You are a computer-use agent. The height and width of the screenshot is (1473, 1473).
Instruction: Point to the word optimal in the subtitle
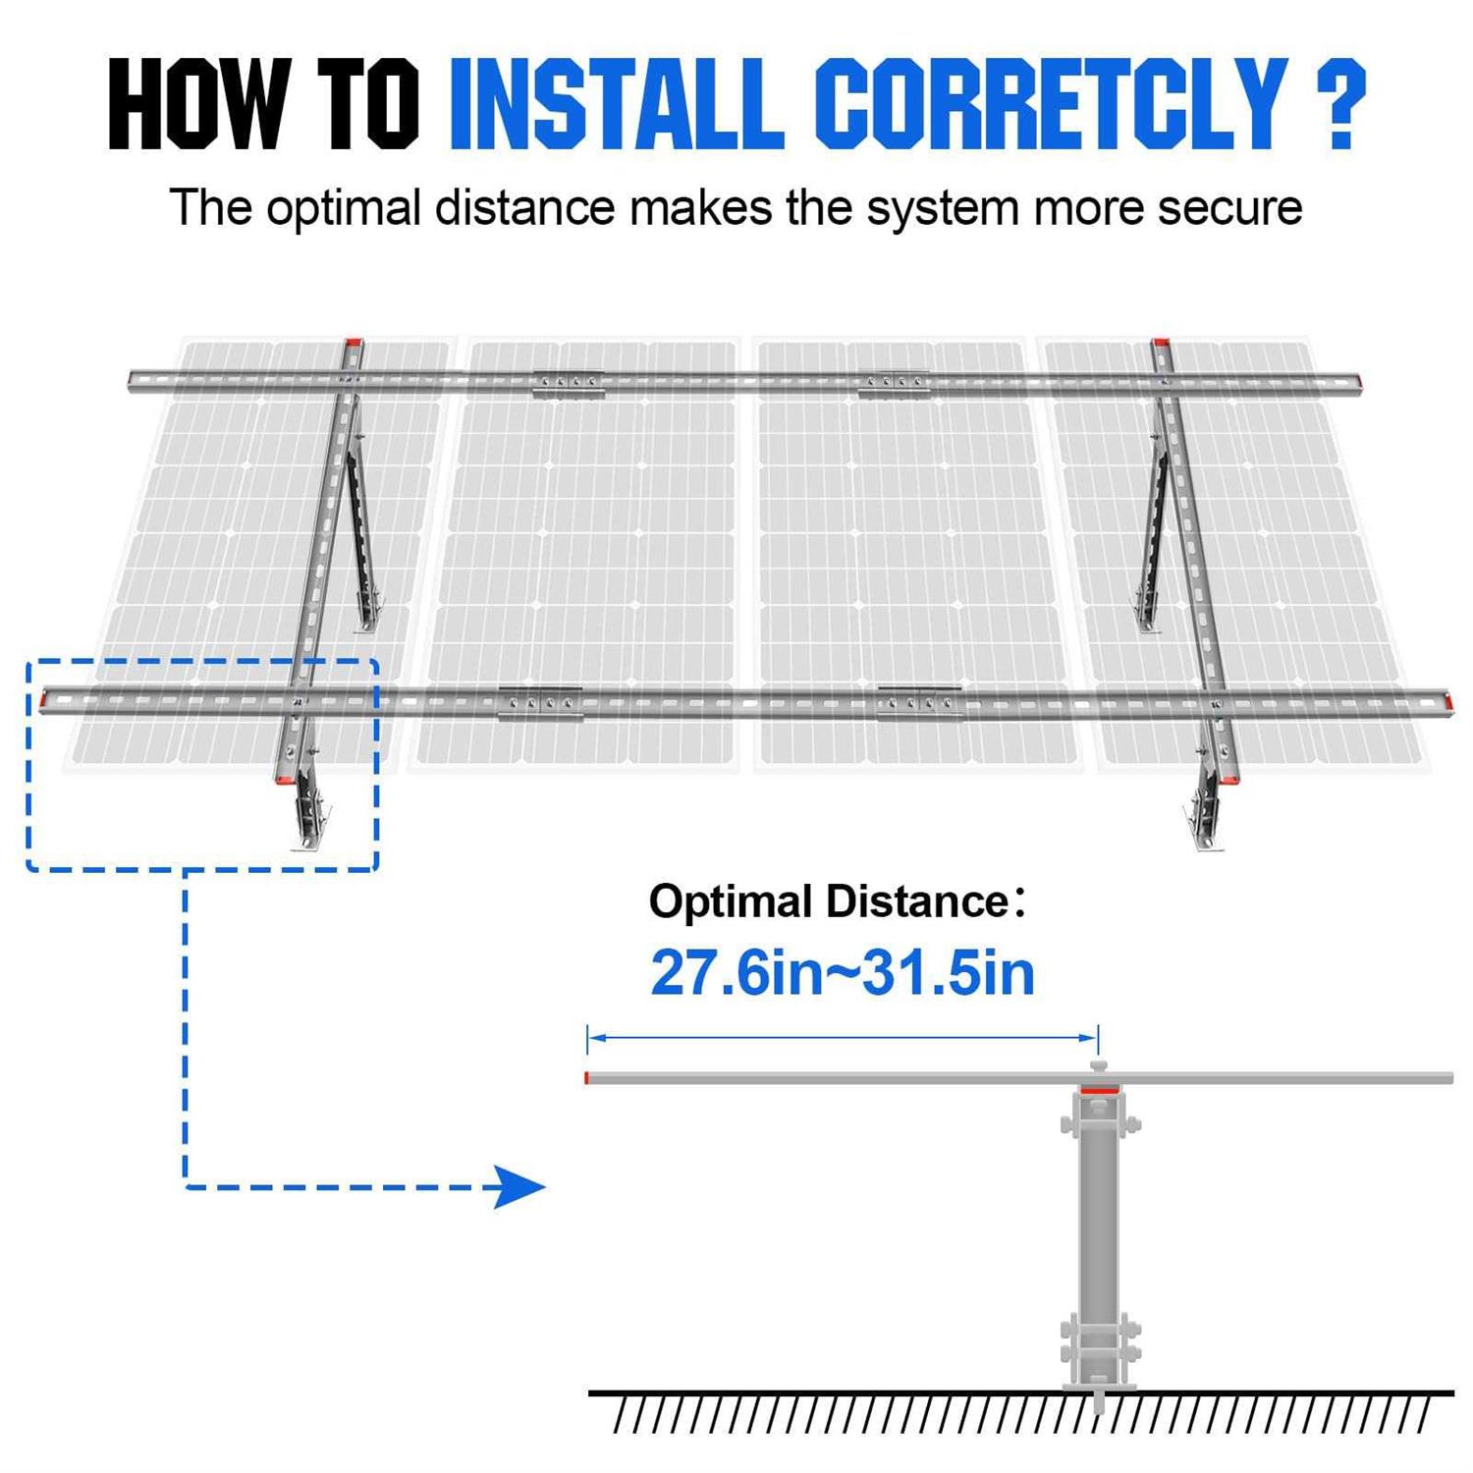(x=343, y=209)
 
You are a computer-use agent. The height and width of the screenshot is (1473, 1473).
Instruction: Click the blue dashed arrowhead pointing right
(x=519, y=1186)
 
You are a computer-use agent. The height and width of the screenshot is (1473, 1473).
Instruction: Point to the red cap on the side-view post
(x=1099, y=1091)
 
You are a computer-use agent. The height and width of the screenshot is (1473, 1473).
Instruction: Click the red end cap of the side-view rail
(x=587, y=1078)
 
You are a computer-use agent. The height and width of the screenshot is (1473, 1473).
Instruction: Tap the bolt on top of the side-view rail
(x=1099, y=1066)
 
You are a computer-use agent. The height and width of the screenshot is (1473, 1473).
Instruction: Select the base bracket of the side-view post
(x=1099, y=1350)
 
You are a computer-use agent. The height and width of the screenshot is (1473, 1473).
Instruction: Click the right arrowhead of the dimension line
(x=1090, y=1037)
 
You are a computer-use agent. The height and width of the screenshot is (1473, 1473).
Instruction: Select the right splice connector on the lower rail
(x=919, y=703)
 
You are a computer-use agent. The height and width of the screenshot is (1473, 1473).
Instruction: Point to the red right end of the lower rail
(x=1446, y=701)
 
